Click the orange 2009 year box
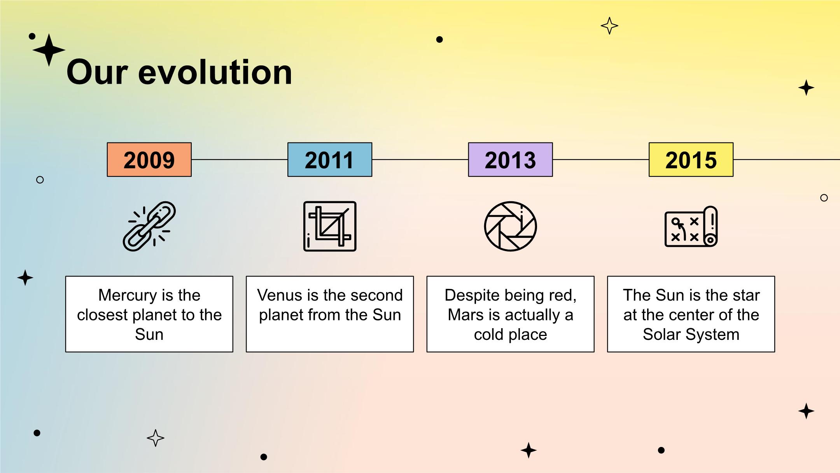coord(149,160)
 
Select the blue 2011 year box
coord(330,160)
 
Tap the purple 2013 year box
coord(510,160)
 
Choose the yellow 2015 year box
coord(691,160)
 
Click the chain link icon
coord(149,226)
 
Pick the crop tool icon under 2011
coord(330,226)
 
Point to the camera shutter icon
coord(511,226)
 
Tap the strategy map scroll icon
coord(691,227)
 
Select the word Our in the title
coord(97,72)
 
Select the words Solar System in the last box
coord(691,334)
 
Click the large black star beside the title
coord(49,50)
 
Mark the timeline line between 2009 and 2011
coord(240,160)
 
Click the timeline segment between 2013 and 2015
coord(601,160)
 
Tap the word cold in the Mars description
coord(488,334)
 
